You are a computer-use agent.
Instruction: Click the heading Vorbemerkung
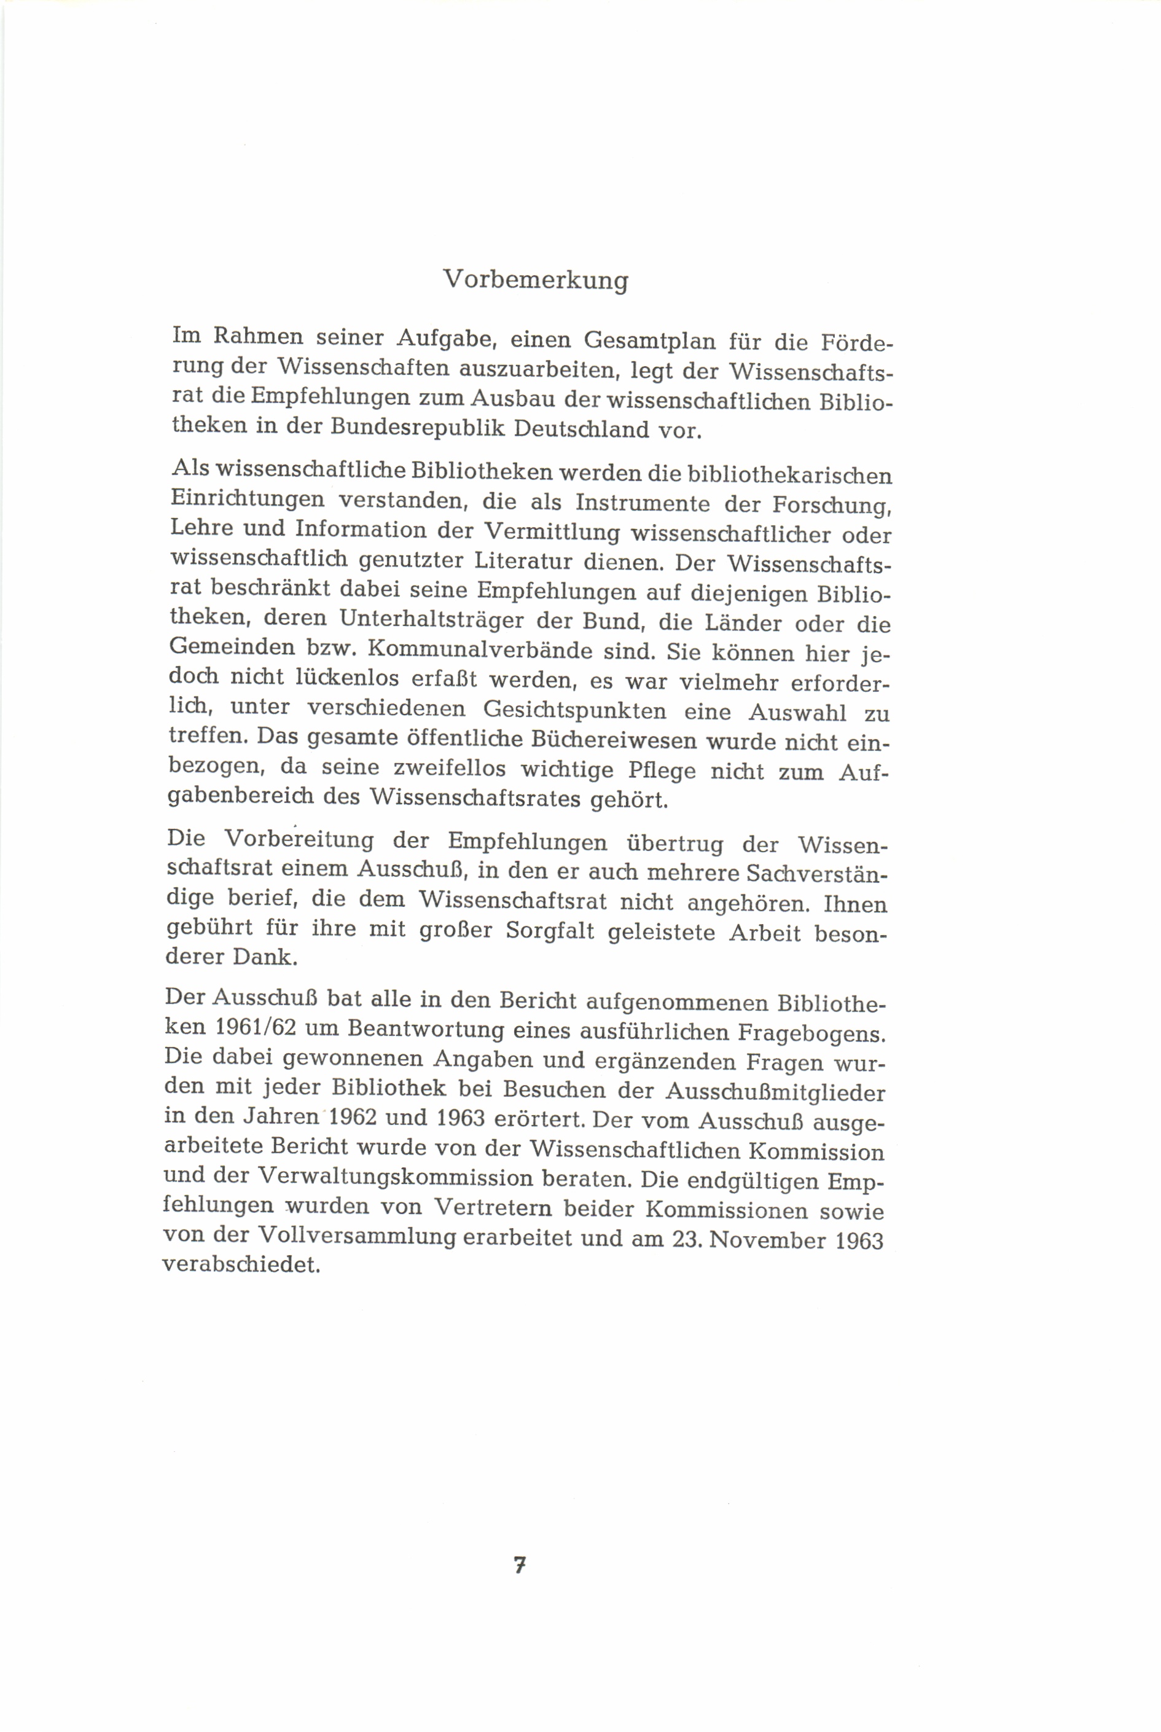click(535, 280)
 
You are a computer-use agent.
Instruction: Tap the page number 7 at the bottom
click(520, 1565)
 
